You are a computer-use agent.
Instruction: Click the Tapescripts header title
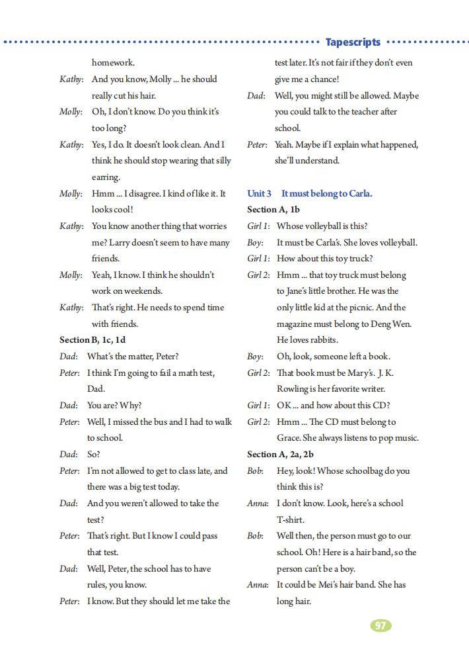tap(353, 42)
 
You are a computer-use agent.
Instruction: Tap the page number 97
tap(380, 625)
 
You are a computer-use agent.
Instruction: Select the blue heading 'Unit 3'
tap(259, 193)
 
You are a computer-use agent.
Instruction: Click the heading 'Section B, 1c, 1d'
tap(92, 339)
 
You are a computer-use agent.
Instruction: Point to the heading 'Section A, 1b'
tap(273, 209)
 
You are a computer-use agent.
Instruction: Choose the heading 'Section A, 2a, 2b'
tap(280, 454)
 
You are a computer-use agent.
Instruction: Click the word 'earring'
tap(105, 177)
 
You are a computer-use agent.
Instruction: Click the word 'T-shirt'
tap(291, 519)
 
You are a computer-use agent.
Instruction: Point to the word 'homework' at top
tap(112, 63)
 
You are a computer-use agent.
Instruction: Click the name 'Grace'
tap(289, 437)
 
